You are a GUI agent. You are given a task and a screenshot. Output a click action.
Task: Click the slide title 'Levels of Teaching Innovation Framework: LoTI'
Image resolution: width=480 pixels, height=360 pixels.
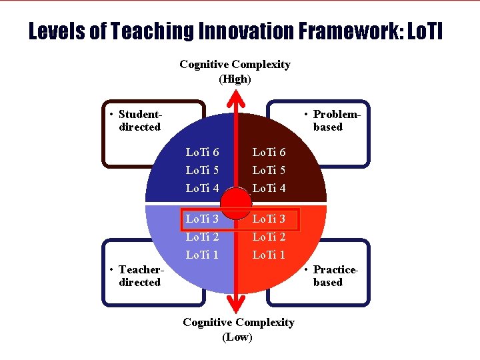(x=235, y=31)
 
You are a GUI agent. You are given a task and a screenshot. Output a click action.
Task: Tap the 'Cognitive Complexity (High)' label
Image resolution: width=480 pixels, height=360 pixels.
(x=235, y=71)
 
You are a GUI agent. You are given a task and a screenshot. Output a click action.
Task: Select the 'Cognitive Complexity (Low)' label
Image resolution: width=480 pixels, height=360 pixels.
(x=238, y=329)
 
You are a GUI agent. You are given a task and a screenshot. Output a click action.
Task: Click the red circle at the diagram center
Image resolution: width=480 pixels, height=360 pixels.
(x=236, y=203)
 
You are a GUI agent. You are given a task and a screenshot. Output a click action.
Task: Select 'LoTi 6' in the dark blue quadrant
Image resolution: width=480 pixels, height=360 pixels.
(x=202, y=153)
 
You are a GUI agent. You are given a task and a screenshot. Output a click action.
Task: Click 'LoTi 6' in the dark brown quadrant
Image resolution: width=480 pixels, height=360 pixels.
(x=269, y=153)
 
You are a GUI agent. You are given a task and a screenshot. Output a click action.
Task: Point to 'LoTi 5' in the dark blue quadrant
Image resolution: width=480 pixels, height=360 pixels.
(x=202, y=171)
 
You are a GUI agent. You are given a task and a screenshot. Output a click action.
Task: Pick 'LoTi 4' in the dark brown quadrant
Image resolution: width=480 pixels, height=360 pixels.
(x=269, y=189)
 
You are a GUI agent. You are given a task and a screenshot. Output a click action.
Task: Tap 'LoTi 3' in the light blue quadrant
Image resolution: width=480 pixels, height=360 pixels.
(x=202, y=219)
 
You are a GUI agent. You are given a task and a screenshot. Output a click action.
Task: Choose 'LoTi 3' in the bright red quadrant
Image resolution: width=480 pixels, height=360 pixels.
(x=269, y=219)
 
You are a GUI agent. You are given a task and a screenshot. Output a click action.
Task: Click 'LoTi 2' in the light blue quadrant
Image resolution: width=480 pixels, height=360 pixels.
(x=202, y=237)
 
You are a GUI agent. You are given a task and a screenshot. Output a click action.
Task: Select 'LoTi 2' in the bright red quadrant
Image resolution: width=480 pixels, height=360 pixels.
(x=269, y=237)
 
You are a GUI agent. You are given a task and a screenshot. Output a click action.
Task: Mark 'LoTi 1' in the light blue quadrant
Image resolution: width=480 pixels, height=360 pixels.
(x=202, y=255)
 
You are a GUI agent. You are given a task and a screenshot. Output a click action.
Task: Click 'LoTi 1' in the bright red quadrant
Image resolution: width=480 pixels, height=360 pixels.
(x=269, y=255)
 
